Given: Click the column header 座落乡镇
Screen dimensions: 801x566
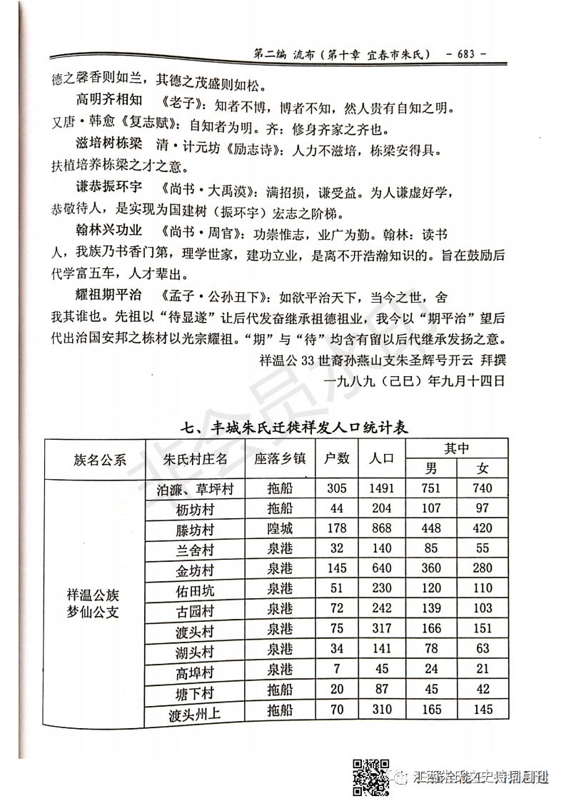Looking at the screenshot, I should tap(281, 458).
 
